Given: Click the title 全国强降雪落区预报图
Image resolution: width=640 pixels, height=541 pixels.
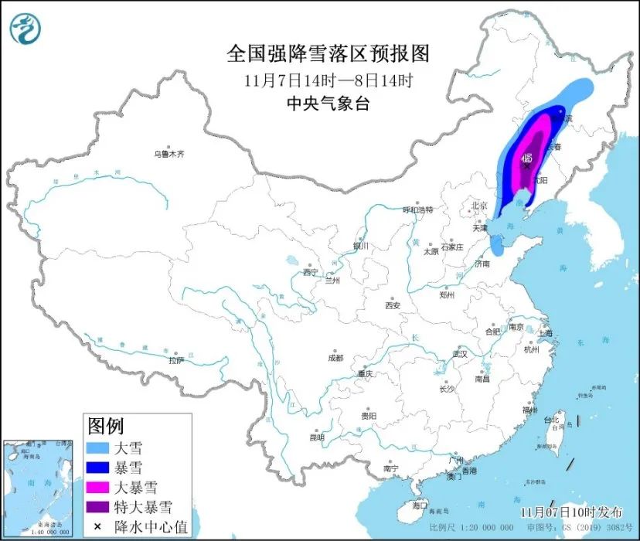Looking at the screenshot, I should [x=328, y=54].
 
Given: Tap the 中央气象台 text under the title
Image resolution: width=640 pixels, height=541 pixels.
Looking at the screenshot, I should [x=328, y=103].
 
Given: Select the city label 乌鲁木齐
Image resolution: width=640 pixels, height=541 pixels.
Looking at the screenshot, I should [x=169, y=155].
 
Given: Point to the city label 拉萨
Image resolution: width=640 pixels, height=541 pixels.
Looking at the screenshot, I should [x=176, y=360].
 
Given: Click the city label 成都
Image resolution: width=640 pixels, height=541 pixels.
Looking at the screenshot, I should [x=335, y=358].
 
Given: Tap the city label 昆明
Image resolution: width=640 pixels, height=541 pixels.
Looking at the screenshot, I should [x=317, y=437].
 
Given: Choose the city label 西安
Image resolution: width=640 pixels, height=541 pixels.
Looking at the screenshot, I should [x=393, y=305].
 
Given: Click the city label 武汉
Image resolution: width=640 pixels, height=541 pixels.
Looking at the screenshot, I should [x=461, y=353].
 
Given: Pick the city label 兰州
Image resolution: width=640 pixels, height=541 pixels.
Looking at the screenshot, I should [x=333, y=280].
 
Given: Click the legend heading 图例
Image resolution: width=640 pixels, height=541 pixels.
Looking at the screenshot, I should [x=105, y=425].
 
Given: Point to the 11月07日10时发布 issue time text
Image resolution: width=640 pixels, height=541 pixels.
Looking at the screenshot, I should [x=573, y=512].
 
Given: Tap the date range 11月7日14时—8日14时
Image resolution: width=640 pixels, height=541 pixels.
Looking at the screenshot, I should [x=328, y=80].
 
